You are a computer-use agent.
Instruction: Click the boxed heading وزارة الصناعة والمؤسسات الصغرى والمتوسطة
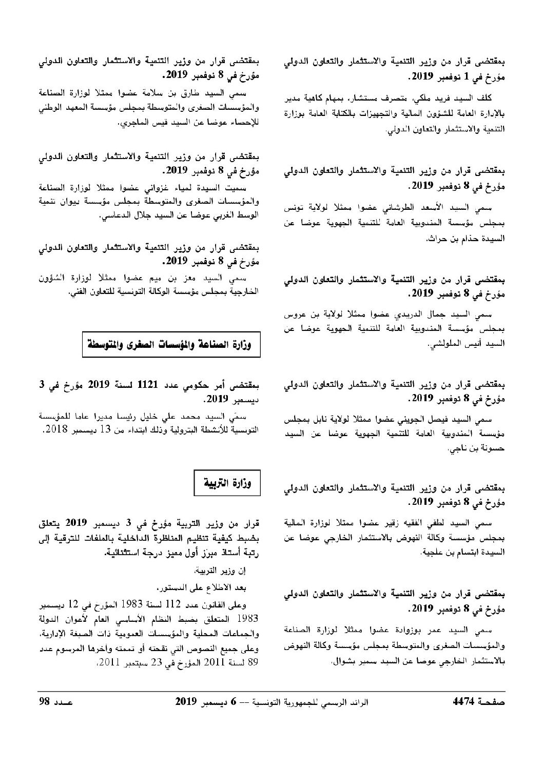(x=171, y=345)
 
